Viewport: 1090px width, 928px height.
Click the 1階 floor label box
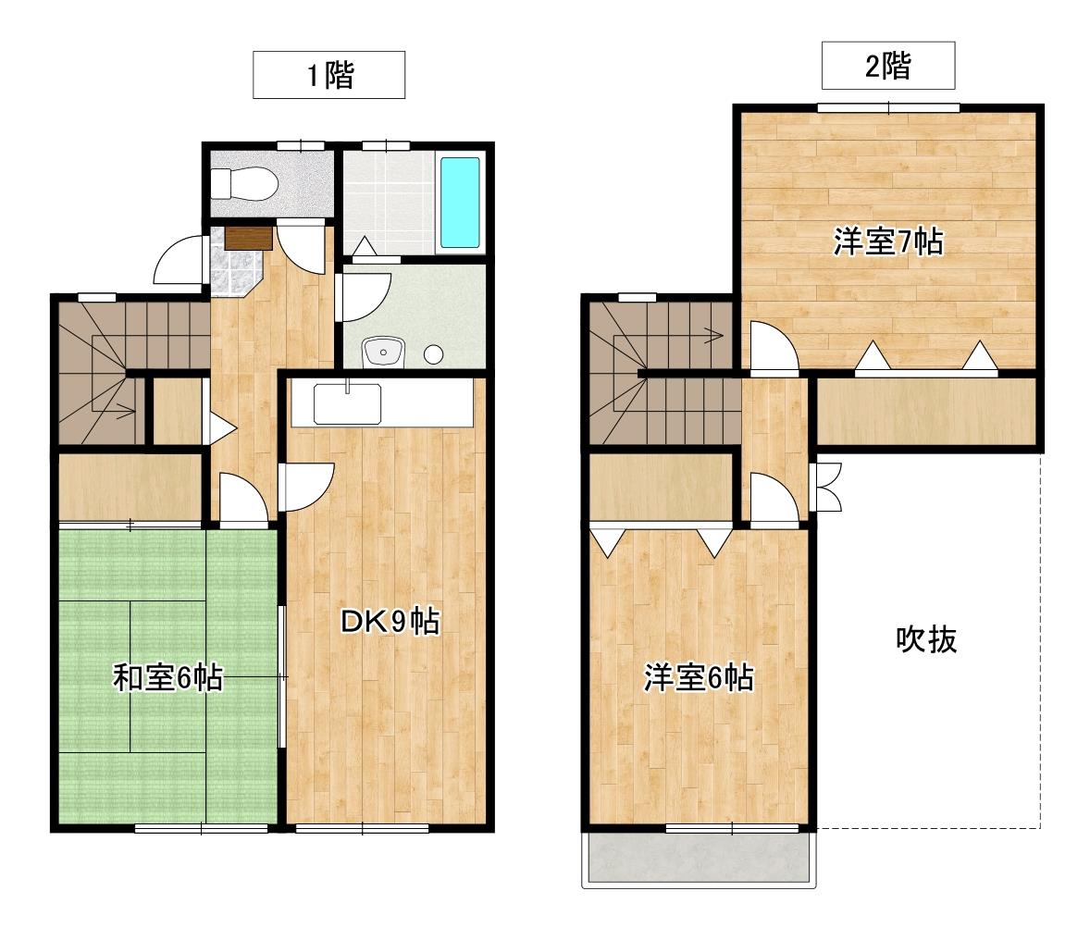tap(329, 76)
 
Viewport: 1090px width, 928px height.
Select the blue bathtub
tap(460, 203)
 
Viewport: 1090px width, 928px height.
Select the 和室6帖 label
tap(167, 678)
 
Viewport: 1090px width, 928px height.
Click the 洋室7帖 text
tap(888, 242)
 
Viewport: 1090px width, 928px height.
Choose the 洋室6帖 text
tap(698, 679)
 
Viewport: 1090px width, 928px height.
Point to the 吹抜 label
tap(925, 639)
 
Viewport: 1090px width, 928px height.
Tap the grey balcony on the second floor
tap(699, 859)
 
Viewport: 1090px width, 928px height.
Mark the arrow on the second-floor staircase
tap(713, 334)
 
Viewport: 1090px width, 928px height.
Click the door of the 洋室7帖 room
tap(772, 348)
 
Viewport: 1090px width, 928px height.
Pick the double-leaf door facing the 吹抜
tap(824, 487)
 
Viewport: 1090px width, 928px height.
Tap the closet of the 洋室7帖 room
tap(925, 412)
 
